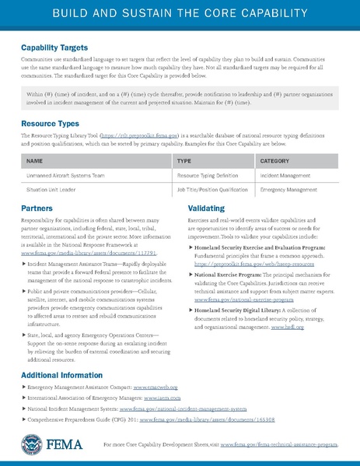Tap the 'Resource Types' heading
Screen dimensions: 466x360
click(x=48, y=124)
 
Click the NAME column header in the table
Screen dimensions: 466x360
click(x=34, y=161)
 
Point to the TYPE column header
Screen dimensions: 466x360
click(x=184, y=161)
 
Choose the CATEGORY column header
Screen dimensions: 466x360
click(x=274, y=161)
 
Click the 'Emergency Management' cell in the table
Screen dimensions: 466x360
click(x=288, y=190)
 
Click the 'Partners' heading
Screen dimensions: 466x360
click(x=37, y=209)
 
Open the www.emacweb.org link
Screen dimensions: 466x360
click(x=156, y=387)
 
